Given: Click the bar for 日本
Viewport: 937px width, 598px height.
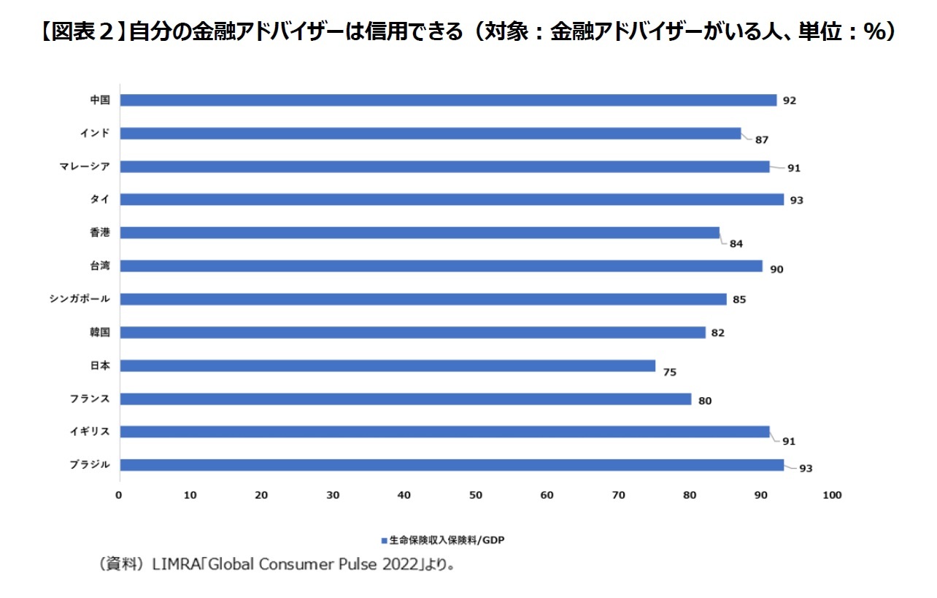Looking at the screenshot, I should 387,365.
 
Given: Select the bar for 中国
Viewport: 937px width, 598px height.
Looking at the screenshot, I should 447,100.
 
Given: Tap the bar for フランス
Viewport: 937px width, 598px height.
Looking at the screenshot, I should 405,399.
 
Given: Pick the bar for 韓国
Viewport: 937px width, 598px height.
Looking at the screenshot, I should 412,332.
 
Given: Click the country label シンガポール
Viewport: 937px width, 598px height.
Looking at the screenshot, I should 80,299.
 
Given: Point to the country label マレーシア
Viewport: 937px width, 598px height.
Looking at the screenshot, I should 85,166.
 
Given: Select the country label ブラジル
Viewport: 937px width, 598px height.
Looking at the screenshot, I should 90,464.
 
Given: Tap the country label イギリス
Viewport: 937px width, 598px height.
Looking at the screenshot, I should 90,432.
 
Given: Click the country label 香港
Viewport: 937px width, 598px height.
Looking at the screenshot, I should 99,232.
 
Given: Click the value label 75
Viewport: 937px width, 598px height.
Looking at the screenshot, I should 669,372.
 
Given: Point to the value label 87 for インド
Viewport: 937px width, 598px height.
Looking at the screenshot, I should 762,139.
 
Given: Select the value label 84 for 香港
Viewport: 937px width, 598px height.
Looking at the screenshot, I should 736,244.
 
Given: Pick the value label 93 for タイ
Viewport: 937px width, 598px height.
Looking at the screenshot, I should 796,200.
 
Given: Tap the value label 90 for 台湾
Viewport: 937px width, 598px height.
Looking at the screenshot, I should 776,269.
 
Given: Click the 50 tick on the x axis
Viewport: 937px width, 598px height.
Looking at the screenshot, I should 476,495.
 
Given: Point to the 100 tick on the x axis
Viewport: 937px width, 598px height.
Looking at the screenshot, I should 832,495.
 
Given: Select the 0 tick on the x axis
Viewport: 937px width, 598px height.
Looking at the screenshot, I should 119,495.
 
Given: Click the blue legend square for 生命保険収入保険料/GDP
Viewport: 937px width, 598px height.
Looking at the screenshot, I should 383,541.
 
